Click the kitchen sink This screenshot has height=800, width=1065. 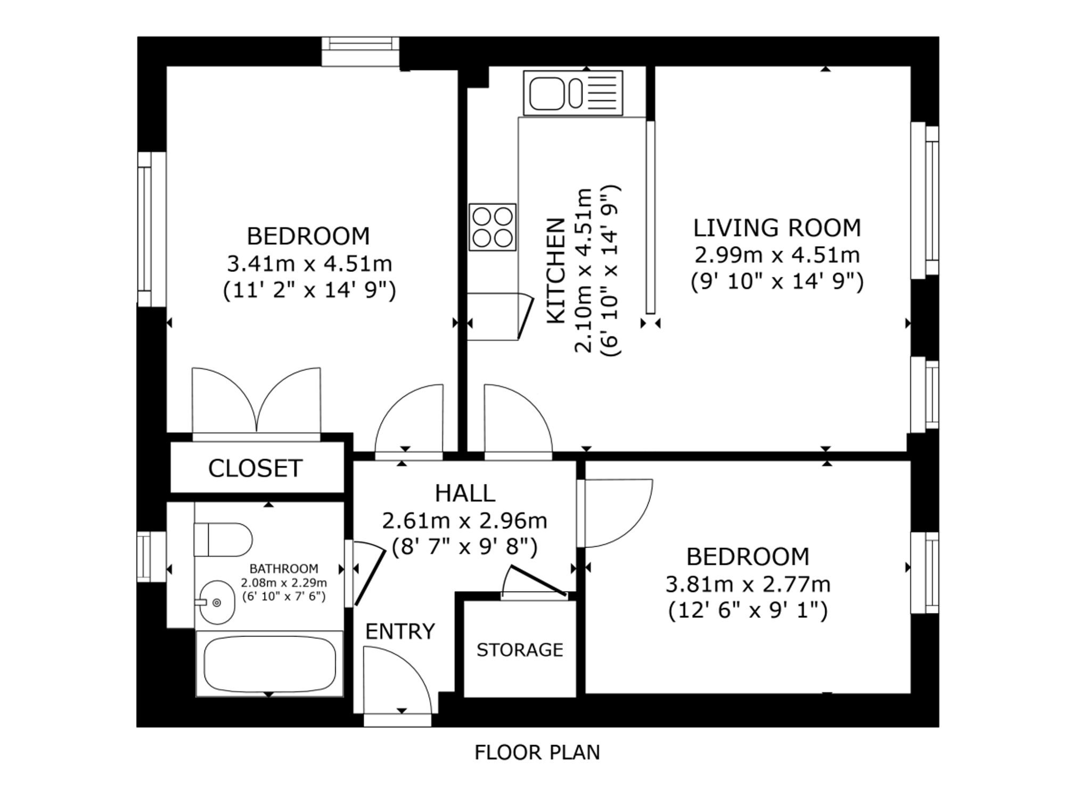pos(573,93)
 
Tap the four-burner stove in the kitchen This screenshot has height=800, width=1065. pos(493,227)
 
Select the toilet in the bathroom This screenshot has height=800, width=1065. pos(223,539)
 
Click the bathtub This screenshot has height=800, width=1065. pos(269,664)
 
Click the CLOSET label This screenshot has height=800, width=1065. pos(255,468)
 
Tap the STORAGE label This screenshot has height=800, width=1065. pos(520,650)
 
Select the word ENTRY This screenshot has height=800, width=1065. pos(400,632)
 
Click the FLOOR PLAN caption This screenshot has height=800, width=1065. pos(537,753)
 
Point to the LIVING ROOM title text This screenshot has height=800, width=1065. pos(777,228)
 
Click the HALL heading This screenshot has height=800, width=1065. pos(465,494)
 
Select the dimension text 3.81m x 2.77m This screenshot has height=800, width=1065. pos(748,585)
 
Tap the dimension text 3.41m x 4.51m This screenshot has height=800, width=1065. pos(309,264)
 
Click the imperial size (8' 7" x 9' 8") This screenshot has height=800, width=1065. pos(465,546)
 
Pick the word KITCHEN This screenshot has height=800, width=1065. pos(556,270)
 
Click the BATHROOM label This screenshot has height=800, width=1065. pos(284,569)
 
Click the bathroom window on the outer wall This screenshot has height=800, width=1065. pos(144,556)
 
